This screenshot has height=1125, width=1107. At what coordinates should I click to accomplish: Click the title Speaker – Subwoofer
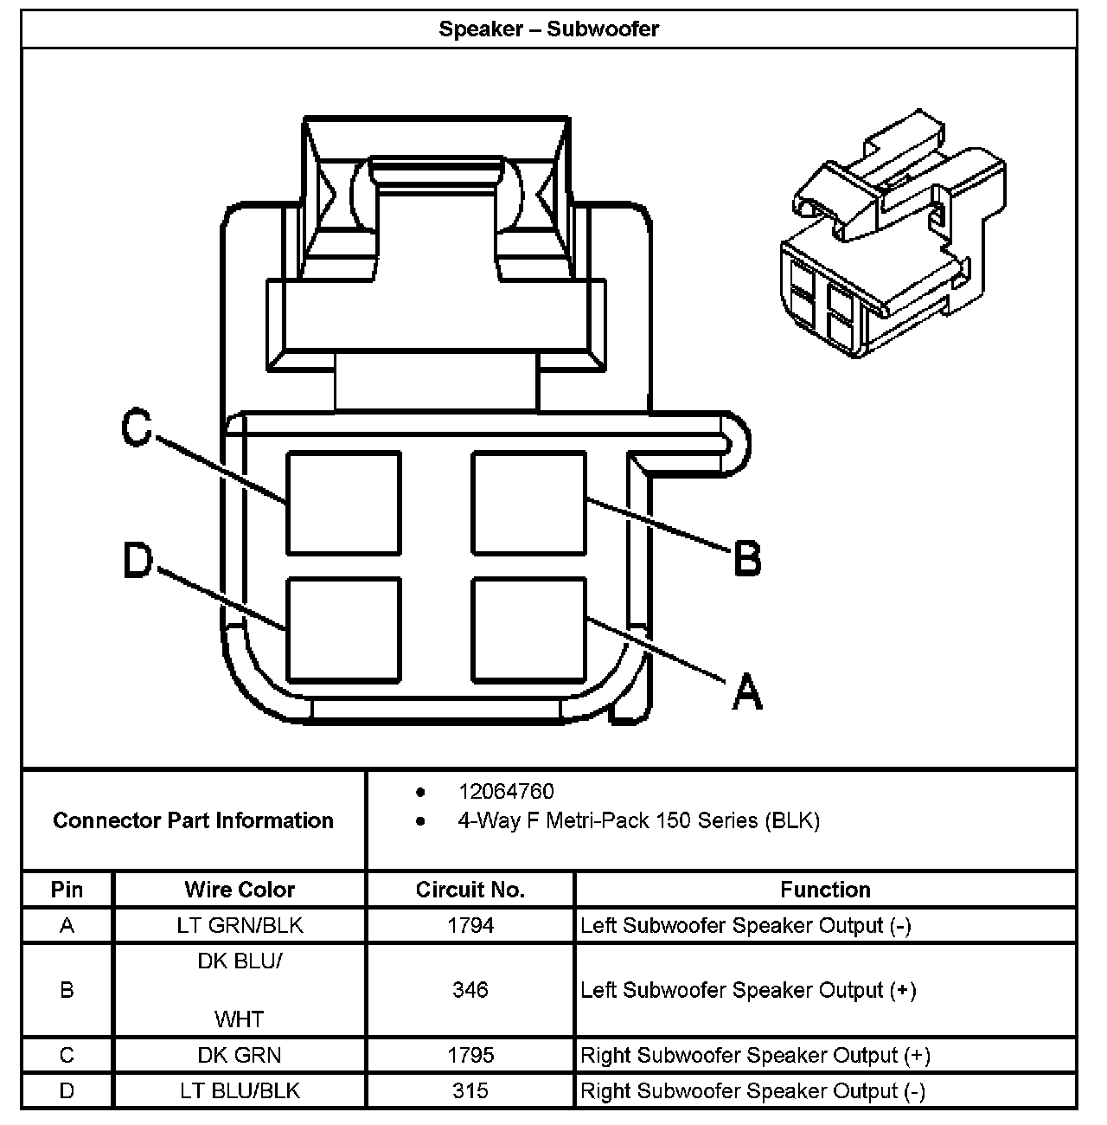pos(548,29)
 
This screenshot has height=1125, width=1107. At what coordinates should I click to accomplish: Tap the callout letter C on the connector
pos(137,427)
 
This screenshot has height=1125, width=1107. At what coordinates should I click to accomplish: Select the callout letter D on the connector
pos(138,560)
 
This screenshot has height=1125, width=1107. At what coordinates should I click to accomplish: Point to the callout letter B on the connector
pos(747,557)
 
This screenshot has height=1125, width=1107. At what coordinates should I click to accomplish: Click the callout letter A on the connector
pos(747,691)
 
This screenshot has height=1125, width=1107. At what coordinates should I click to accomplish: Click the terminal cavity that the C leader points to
pos(343,503)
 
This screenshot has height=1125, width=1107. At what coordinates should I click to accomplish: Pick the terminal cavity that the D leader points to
pos(343,630)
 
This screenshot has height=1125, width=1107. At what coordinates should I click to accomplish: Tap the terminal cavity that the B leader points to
pos(528,503)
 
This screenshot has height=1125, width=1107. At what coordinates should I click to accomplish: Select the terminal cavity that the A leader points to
pos(528,630)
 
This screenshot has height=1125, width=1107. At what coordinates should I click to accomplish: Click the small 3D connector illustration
pos(893,234)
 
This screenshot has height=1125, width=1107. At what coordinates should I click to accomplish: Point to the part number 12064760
pos(506,792)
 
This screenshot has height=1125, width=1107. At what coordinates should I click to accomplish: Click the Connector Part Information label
pos(193,820)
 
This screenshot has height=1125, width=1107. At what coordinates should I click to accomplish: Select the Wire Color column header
pos(240,890)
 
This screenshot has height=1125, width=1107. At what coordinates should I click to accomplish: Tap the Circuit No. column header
pos(470,890)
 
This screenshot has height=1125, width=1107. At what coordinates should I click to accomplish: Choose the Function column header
pos(825,890)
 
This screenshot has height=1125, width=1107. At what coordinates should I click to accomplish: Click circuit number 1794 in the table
pos(470,925)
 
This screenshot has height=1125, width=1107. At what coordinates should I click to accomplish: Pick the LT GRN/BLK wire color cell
pos(240,925)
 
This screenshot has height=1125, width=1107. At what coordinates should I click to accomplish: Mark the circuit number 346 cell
pos(470,989)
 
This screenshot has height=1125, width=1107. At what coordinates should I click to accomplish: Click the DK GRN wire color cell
pos(240,1055)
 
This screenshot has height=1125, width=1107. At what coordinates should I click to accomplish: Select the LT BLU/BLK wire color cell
pos(240,1090)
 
